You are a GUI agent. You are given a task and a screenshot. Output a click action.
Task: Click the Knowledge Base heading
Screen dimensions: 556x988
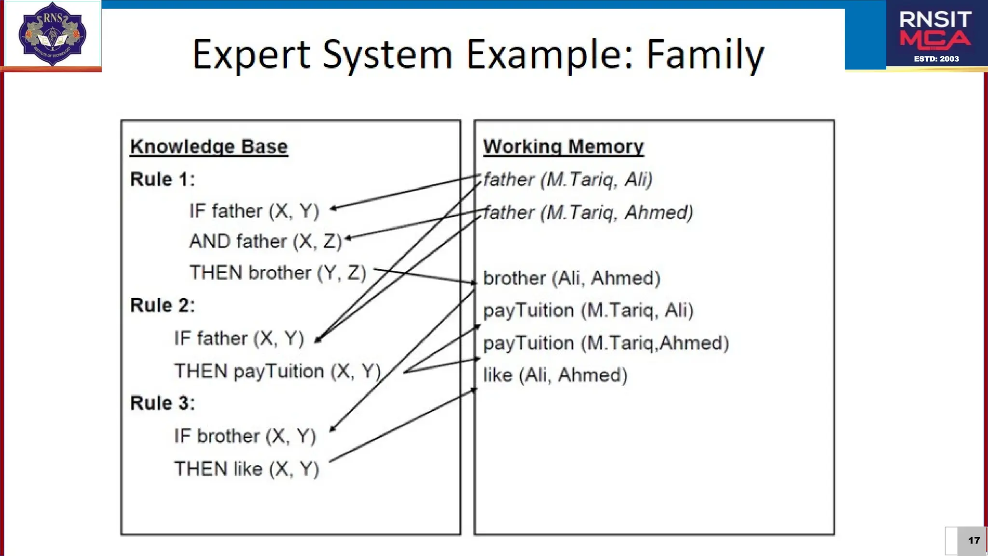tap(209, 146)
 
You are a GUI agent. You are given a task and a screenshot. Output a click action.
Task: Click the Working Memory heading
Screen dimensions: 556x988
tap(563, 146)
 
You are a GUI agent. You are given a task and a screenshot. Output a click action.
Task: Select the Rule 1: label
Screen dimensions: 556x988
tap(163, 179)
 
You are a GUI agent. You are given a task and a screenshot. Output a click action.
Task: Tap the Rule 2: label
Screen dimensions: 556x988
tap(163, 305)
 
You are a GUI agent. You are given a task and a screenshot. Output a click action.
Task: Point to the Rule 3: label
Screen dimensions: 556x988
tap(163, 403)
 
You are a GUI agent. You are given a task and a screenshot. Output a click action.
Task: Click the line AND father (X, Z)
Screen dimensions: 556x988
tap(265, 241)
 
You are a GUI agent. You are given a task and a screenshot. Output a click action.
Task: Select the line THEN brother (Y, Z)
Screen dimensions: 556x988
tap(277, 273)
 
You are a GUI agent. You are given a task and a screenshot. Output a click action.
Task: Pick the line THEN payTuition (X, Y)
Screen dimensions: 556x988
tap(277, 371)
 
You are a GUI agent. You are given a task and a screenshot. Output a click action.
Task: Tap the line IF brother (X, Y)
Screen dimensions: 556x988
tap(245, 436)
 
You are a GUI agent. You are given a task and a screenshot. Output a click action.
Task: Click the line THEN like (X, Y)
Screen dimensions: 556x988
tap(247, 469)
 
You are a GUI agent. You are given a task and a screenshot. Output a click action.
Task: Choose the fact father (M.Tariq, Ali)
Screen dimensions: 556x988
tap(568, 180)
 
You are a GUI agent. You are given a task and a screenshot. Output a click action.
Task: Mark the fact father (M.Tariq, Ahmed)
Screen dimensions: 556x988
tap(588, 212)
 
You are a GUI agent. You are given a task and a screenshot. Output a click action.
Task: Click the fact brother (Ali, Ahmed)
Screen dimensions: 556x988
tap(572, 278)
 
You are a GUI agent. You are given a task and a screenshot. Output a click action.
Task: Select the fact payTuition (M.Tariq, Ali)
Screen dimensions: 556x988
tap(588, 310)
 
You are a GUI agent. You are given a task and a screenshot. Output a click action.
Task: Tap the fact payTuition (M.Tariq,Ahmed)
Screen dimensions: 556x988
tap(606, 343)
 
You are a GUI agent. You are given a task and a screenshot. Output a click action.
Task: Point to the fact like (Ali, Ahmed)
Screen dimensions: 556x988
tap(555, 375)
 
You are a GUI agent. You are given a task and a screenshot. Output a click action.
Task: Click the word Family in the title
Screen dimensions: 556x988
tap(705, 55)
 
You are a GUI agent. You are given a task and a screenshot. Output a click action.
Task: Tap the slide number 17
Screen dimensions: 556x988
tap(974, 541)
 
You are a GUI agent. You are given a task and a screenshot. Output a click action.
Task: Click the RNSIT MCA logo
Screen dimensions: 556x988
tap(935, 35)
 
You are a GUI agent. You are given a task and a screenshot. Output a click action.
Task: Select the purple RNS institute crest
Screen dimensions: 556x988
tap(52, 34)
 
